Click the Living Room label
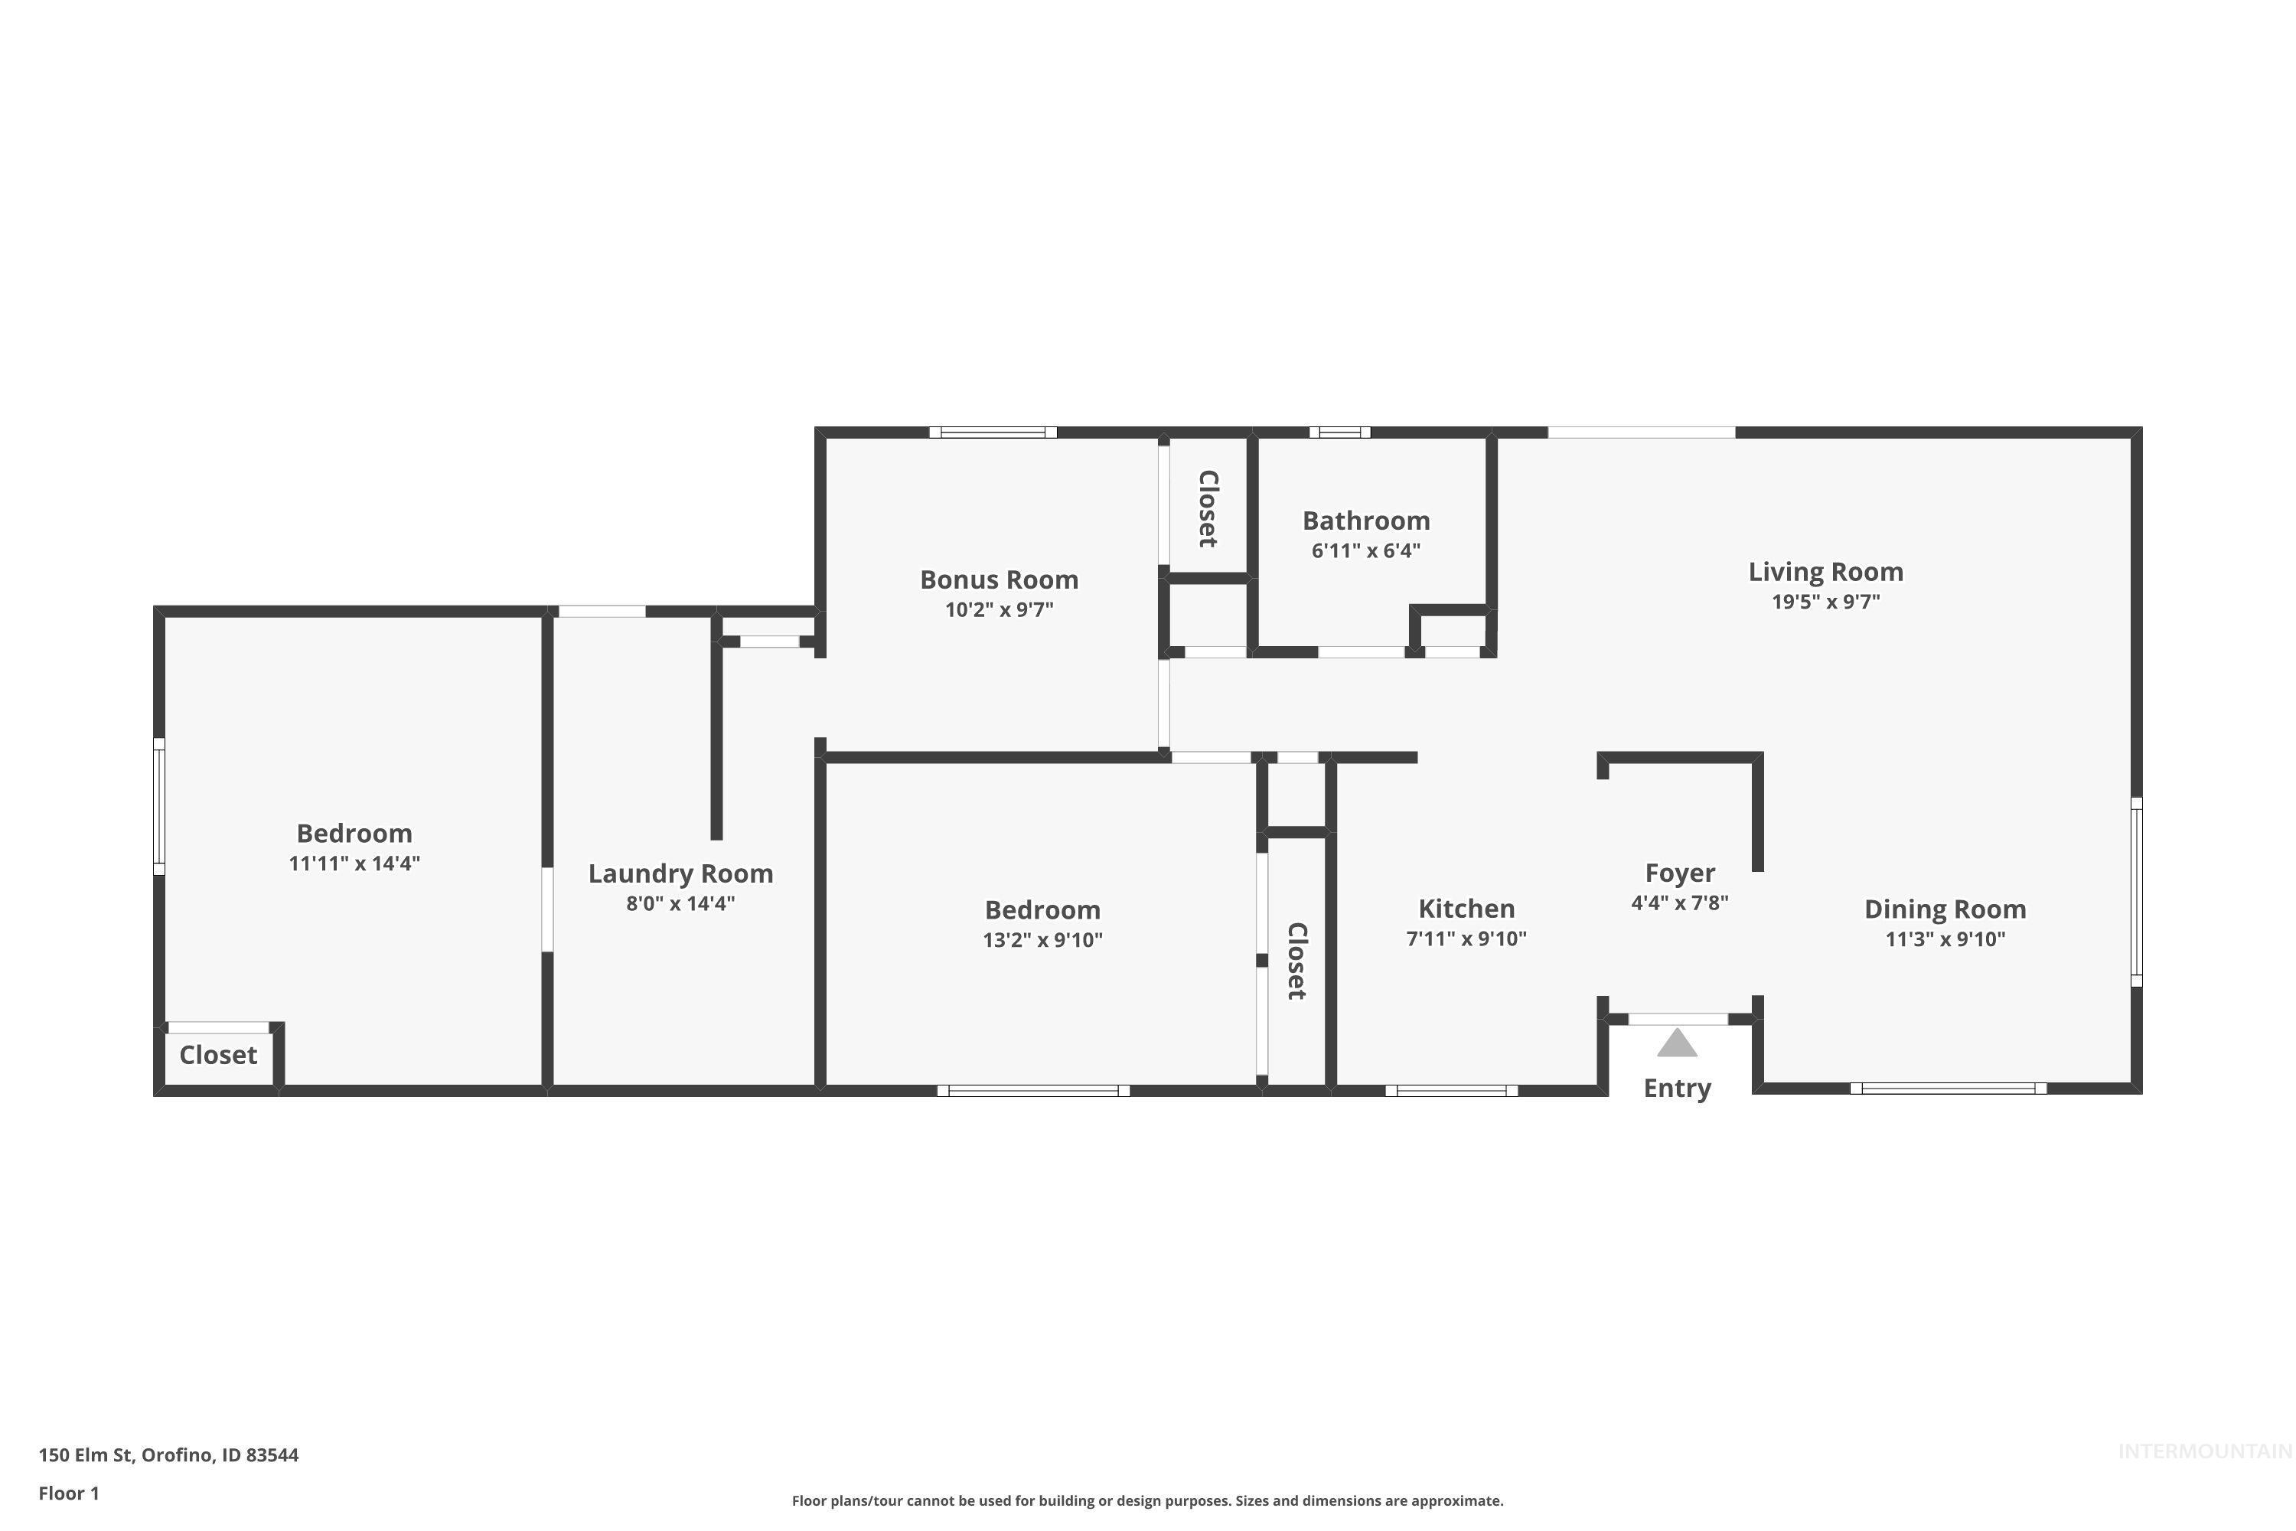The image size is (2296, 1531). tap(1825, 572)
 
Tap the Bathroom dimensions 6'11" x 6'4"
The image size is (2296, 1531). tap(1365, 550)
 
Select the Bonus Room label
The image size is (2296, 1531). tap(999, 580)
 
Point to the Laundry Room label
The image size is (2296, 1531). tap(680, 874)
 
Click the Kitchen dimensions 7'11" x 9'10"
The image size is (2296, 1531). tap(1466, 939)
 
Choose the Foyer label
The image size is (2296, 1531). tap(1679, 873)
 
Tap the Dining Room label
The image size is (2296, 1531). tap(1945, 910)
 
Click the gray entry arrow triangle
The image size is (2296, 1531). tap(1677, 1044)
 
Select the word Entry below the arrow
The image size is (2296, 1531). tap(1677, 1089)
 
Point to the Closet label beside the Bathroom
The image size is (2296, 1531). tap(1208, 509)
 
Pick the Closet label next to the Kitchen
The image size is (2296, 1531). tap(1296, 961)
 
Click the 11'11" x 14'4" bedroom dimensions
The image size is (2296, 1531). tap(354, 864)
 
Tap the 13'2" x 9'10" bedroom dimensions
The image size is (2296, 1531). tap(1042, 940)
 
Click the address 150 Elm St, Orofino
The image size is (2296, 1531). tap(168, 1455)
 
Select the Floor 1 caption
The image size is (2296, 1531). tap(68, 1493)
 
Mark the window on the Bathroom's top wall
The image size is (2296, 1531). tap(1339, 433)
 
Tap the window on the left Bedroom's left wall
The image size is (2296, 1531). tap(159, 807)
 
